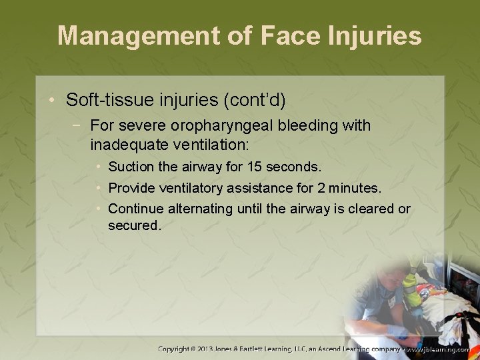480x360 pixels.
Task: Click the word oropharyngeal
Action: (221, 125)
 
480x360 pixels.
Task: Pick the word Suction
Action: (131, 166)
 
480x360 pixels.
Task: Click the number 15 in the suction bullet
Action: (255, 166)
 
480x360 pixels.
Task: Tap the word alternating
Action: (199, 209)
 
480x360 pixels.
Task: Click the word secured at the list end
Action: (134, 225)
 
